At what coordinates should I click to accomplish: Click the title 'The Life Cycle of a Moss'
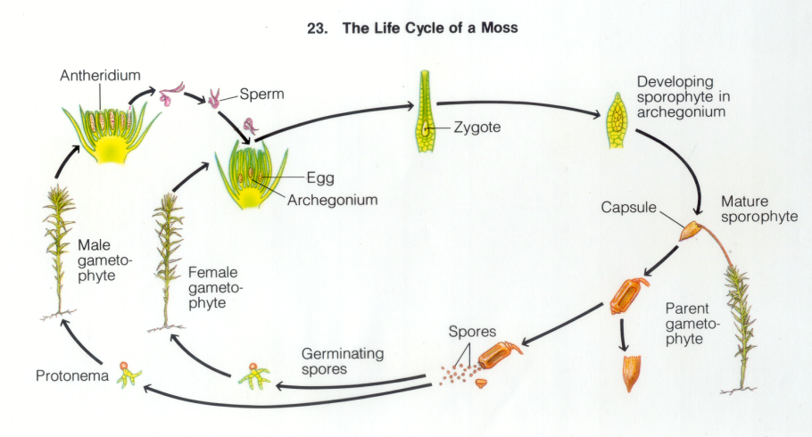(x=429, y=28)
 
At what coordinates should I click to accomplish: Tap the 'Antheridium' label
(x=99, y=76)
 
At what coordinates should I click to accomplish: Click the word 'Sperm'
(x=257, y=94)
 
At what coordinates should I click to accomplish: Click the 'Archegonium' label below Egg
(x=332, y=200)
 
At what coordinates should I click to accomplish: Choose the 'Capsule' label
(x=629, y=208)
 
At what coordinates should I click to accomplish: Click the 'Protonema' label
(x=71, y=376)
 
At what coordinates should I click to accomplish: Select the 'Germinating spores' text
(x=341, y=361)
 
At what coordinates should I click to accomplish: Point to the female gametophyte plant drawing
(x=167, y=259)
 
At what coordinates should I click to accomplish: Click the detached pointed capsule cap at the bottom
(x=632, y=374)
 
